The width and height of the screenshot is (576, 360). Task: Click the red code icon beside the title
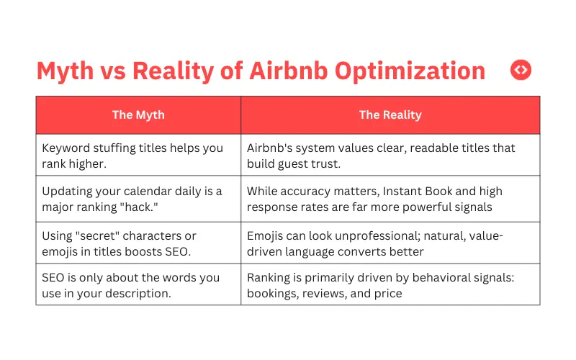521,70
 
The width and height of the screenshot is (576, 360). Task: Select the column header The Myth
138,114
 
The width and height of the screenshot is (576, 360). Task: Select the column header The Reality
390,114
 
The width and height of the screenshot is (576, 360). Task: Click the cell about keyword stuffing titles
138,156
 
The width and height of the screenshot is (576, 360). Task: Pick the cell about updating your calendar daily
138,199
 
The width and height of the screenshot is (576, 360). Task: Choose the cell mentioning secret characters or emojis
138,243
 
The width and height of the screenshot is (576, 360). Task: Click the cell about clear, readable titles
390,156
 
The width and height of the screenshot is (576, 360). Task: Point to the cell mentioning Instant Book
390,199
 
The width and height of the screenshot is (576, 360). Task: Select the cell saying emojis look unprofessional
390,243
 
